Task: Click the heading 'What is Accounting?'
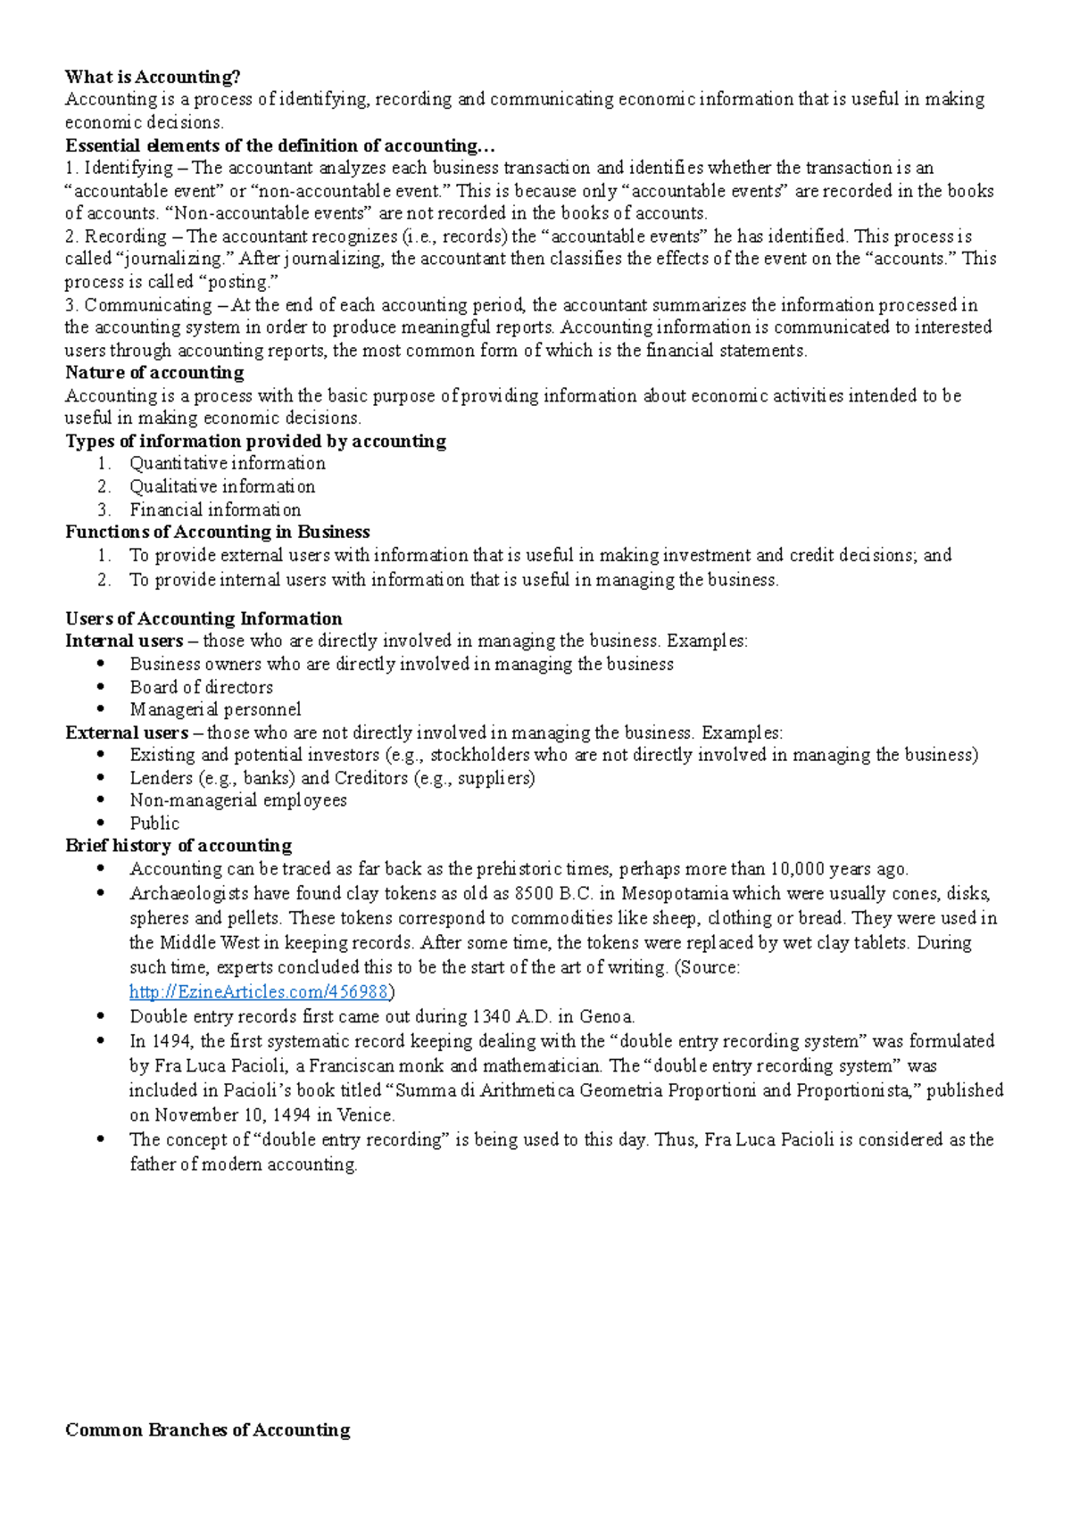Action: point(153,77)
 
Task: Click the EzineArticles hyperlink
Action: point(259,992)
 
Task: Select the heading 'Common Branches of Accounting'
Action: point(207,1430)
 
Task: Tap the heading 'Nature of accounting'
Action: point(154,373)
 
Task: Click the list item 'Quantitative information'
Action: point(228,464)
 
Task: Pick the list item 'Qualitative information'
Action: point(222,487)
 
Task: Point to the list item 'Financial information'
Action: point(215,510)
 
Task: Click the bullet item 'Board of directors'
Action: point(202,688)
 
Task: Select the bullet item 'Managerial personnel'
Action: point(215,710)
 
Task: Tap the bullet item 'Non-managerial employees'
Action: point(238,801)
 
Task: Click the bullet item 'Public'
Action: point(154,824)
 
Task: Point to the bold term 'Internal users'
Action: point(124,642)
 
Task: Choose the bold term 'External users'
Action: point(127,733)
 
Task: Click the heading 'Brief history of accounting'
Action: point(178,846)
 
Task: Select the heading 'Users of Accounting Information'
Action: point(203,619)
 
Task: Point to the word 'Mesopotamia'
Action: point(676,894)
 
